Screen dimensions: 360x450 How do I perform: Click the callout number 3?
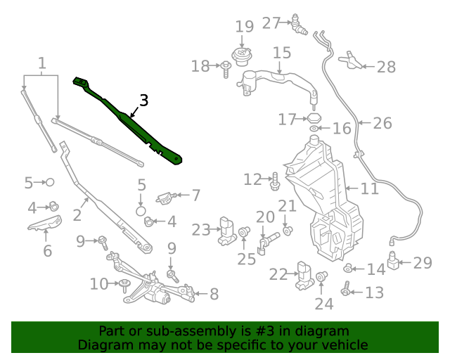(143, 101)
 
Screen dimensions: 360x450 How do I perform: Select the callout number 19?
(244, 27)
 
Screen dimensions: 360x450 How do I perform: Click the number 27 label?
(271, 23)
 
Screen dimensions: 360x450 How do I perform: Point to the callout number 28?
(386, 67)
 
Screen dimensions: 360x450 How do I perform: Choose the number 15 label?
(281, 53)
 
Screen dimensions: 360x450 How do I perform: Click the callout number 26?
(382, 124)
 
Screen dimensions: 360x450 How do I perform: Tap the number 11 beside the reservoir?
(370, 188)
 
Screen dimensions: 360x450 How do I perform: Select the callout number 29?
(422, 263)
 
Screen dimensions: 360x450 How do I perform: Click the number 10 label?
(98, 284)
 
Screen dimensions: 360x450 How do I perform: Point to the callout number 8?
(214, 295)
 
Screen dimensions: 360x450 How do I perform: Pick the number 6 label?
(47, 251)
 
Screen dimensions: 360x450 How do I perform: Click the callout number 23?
(201, 229)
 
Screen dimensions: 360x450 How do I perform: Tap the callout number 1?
(42, 65)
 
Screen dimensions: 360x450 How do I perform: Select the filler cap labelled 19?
(243, 55)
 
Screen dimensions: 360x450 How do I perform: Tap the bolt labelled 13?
(345, 289)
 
